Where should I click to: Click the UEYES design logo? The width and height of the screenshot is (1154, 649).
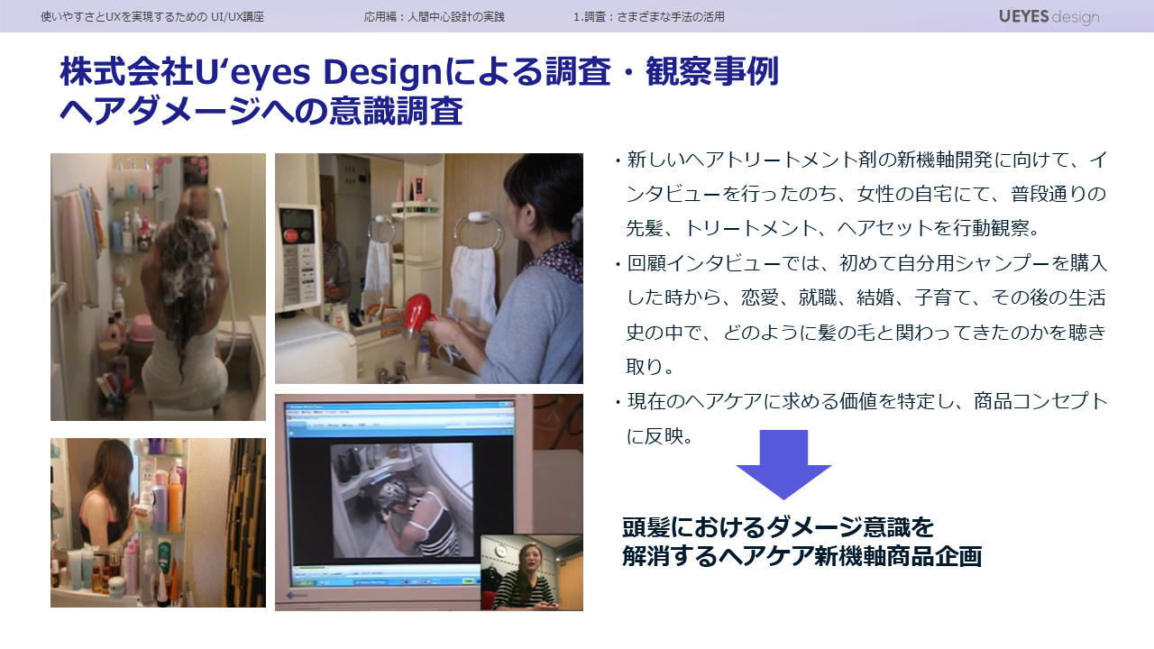tap(1049, 17)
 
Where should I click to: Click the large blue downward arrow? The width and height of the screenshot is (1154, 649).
tap(783, 464)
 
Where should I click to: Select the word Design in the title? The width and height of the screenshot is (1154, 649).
tap(382, 72)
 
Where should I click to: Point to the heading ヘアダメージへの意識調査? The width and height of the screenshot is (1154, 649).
tap(261, 111)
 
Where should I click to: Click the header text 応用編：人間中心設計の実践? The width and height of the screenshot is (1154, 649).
tap(434, 17)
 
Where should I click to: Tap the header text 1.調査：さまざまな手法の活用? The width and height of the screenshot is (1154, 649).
tap(648, 17)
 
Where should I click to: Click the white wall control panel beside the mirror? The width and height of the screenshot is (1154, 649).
tap(299, 253)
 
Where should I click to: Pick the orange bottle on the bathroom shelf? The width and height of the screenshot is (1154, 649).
tap(175, 502)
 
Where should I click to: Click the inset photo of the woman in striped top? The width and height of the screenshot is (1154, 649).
tap(532, 572)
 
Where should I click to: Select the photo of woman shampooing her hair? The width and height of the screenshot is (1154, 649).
tap(158, 287)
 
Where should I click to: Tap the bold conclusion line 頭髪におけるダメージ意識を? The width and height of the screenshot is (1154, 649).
tap(778, 527)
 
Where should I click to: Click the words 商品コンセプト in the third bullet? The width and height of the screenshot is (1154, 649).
tap(1041, 402)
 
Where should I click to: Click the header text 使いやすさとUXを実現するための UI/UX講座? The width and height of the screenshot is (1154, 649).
tap(152, 17)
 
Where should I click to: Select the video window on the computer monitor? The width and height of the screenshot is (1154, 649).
tap(401, 500)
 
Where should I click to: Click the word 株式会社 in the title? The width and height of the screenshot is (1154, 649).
tap(127, 72)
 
